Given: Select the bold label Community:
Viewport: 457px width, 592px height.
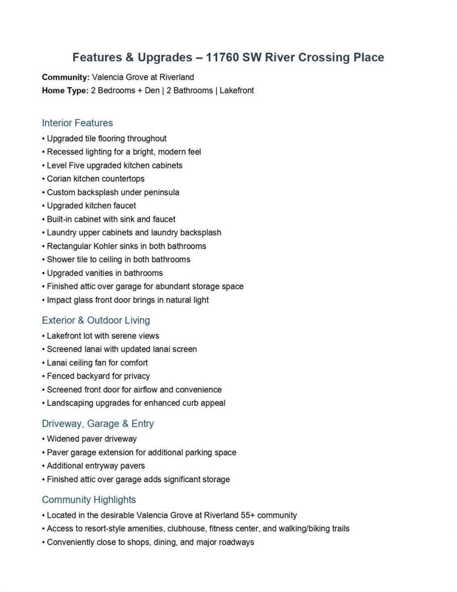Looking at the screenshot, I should coord(66,77).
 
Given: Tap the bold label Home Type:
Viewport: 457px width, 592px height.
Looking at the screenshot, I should coord(65,91).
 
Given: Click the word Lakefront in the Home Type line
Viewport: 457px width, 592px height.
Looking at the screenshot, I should coord(237,91).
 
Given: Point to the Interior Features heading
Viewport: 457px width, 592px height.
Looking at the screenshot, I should coord(77,123).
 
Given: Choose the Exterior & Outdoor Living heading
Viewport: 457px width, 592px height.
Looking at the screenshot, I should coord(96,321).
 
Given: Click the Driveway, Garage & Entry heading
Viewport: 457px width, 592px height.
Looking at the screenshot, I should coord(98,424).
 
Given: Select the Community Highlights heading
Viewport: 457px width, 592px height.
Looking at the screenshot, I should coord(89,500).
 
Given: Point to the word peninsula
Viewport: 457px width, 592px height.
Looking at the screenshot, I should coord(162,192).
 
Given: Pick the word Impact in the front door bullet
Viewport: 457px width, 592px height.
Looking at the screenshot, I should coord(58,300).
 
